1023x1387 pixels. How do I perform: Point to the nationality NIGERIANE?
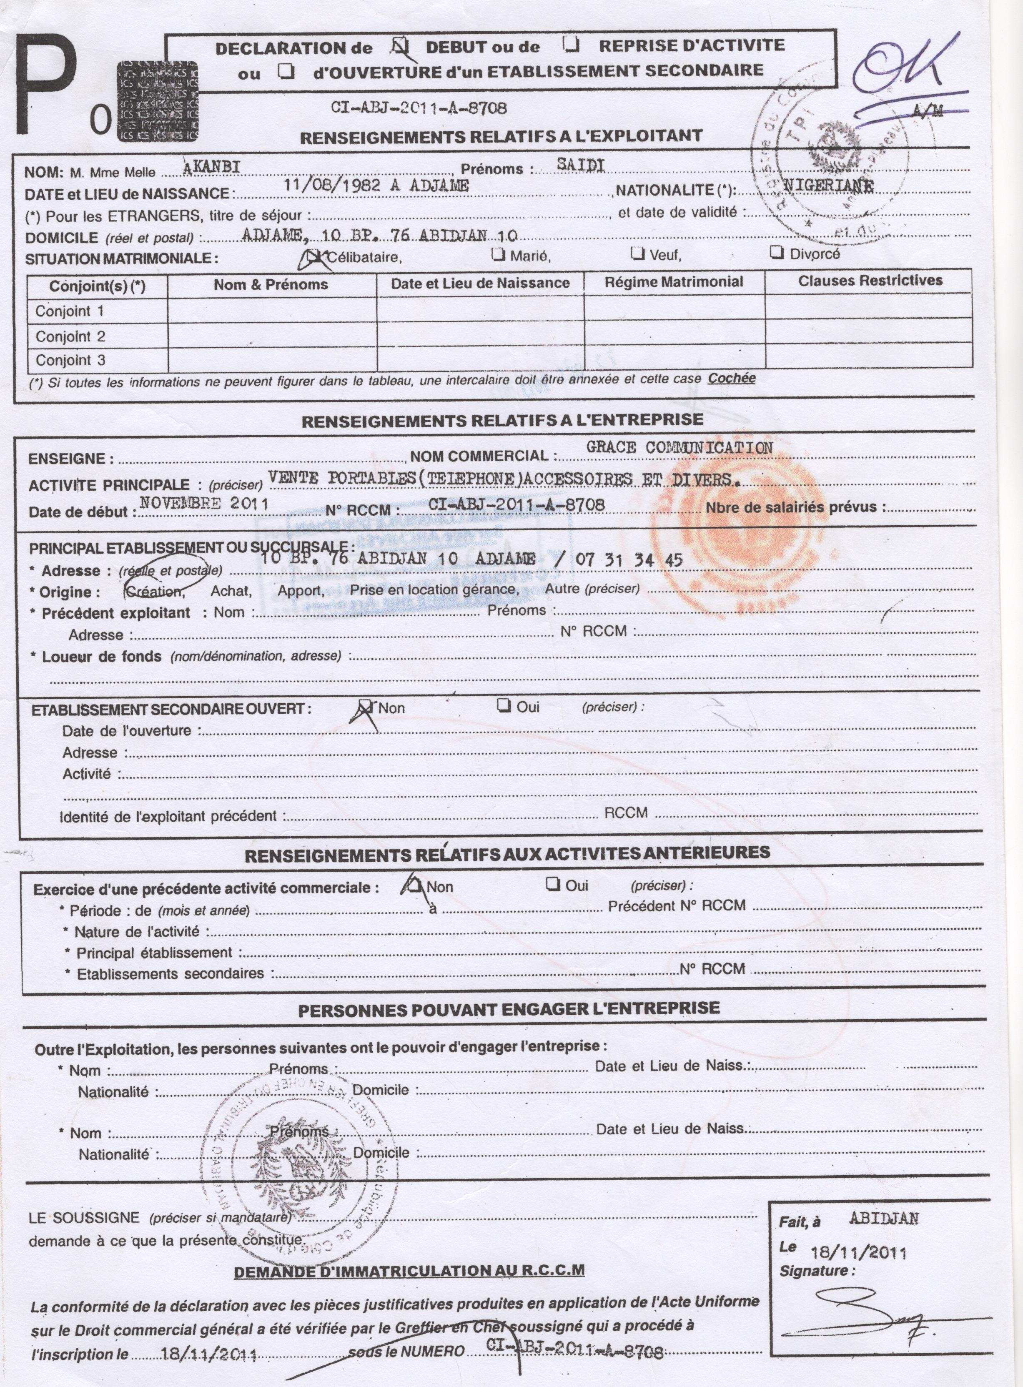point(829,186)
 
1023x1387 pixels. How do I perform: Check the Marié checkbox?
point(497,254)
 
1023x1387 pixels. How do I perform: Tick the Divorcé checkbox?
point(776,253)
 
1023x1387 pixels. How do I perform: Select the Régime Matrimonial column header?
point(674,282)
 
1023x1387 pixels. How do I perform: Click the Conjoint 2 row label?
point(70,336)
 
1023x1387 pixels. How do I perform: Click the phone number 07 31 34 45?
point(629,560)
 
